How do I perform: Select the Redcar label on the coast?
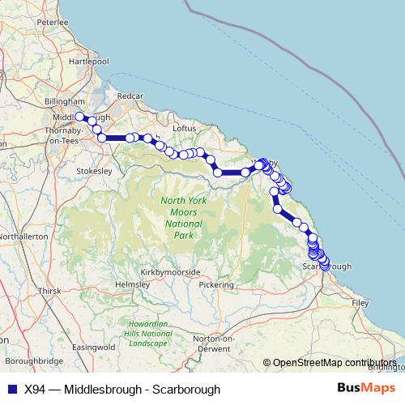pos(130,96)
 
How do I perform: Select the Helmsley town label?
pos(132,285)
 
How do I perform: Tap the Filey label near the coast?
pos(360,301)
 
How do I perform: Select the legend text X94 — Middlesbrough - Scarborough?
pos(122,390)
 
